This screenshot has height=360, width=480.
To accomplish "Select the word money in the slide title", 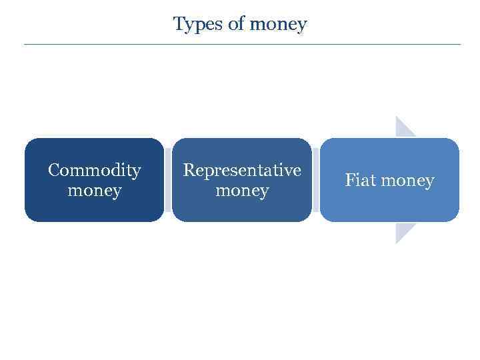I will (278, 25).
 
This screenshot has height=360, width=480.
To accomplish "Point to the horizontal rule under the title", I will (242, 44).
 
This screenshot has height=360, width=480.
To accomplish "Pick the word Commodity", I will (95, 171).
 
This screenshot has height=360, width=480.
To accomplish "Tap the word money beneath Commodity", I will (95, 191).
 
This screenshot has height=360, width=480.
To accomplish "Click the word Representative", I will (242, 171).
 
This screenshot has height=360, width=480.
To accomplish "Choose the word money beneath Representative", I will (242, 191).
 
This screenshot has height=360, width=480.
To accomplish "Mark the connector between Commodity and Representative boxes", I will (168, 180).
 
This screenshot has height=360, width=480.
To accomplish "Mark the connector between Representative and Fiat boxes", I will (315, 180).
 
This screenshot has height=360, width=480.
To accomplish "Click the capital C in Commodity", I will (53, 171).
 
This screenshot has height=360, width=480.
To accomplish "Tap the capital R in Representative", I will (189, 171).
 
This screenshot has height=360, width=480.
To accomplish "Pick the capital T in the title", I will (179, 24).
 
